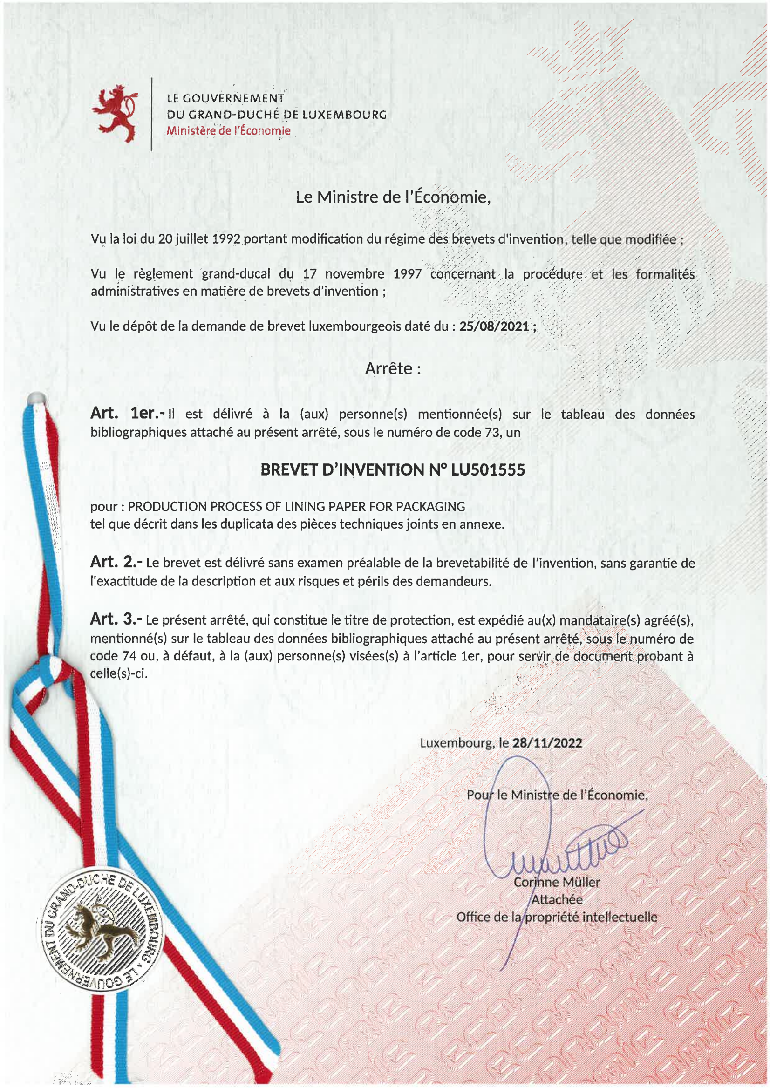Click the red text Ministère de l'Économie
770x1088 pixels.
[229, 131]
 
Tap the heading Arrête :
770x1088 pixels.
[393, 368]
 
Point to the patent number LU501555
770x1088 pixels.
[488, 469]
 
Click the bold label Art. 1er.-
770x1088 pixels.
[127, 414]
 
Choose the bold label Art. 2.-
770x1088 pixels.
[116, 562]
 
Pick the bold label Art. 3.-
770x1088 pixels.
[116, 619]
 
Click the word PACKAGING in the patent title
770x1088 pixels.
[430, 506]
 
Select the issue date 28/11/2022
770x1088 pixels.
[547, 743]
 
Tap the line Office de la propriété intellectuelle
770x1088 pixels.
[557, 917]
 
